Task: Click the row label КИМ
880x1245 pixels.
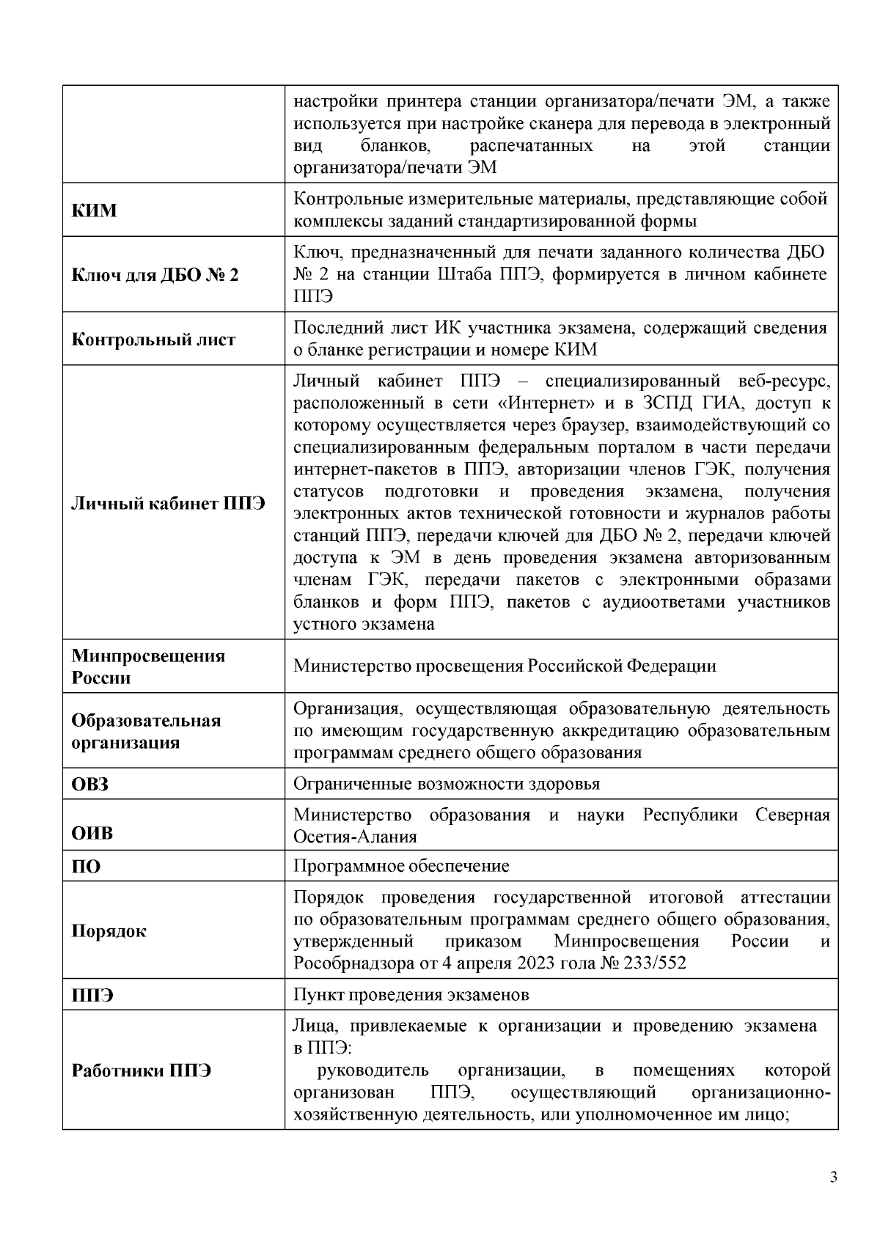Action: pos(94,210)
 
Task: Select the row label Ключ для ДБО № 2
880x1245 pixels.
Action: pos(155,276)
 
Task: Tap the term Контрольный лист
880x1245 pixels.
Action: pos(153,340)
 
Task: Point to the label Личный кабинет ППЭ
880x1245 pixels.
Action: pos(168,504)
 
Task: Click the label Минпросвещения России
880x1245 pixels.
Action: pos(147,666)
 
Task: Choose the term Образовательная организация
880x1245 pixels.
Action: pos(146,731)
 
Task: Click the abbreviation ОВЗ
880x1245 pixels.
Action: pos(89,785)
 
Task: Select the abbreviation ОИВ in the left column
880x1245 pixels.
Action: pos(92,834)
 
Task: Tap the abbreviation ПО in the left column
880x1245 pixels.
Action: pos(86,867)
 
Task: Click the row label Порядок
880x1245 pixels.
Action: pos(109,931)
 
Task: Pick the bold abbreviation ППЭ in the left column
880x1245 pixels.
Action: pos(92,996)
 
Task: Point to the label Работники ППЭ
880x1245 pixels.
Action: pos(141,1071)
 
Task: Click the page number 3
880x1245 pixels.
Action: pos(833,1178)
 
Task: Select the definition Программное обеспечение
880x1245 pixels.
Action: pos(401,867)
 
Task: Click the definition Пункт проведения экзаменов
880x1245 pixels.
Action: pos(411,996)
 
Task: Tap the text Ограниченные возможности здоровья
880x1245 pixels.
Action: pos(446,785)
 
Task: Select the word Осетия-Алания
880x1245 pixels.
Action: pos(355,837)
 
